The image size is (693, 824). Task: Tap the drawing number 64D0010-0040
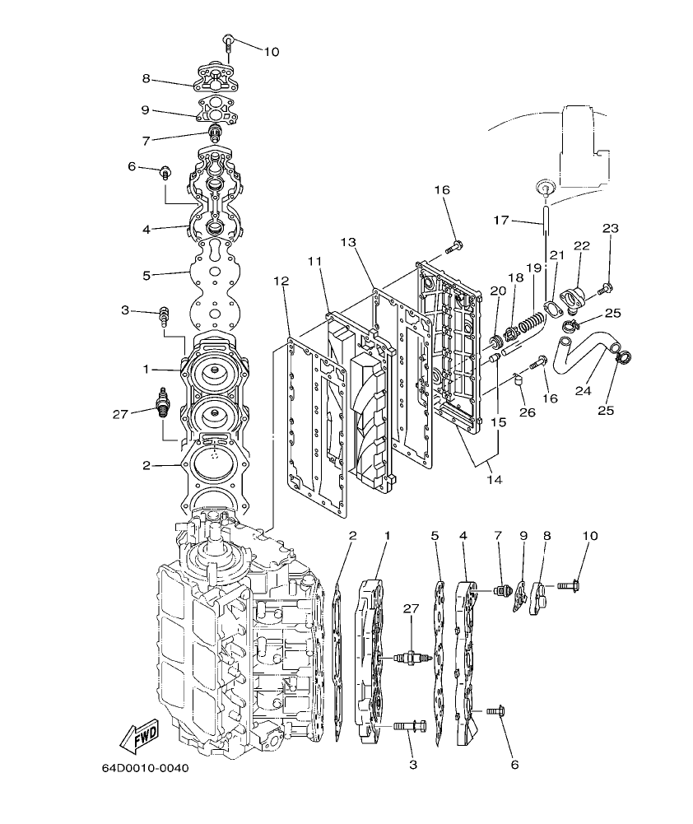(x=145, y=769)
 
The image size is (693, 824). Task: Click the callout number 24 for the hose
(x=584, y=392)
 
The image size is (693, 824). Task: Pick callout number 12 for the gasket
(x=281, y=282)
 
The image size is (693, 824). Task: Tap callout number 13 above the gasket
(x=348, y=242)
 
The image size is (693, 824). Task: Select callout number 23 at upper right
(x=610, y=228)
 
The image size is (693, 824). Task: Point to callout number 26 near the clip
(x=527, y=412)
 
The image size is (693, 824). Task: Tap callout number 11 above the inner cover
(x=314, y=261)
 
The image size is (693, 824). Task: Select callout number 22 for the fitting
(x=582, y=246)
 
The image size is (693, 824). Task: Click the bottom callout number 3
(x=413, y=765)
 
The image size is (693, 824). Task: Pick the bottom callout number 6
(x=515, y=765)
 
